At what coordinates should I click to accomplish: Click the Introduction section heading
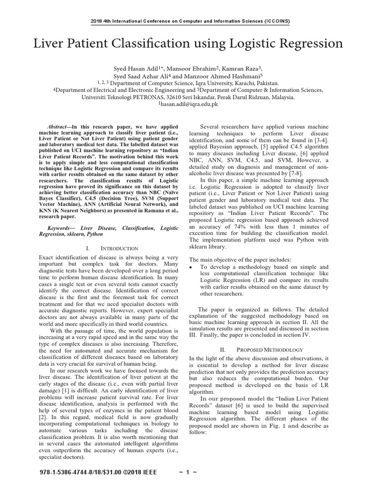coord(119,248)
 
